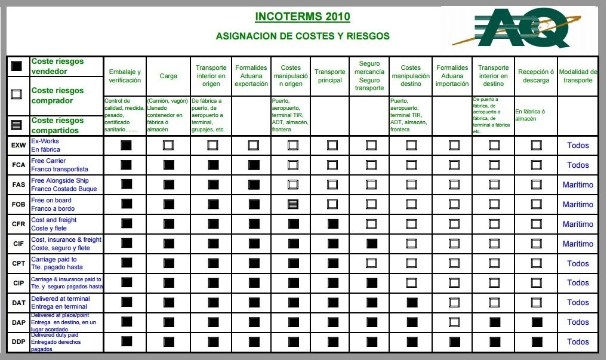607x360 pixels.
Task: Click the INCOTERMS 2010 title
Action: tap(302, 16)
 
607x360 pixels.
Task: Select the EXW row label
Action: tap(18, 145)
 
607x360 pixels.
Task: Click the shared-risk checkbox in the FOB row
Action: tap(292, 204)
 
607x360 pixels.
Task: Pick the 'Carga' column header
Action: tap(168, 76)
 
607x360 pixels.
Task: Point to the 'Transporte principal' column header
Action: tap(330, 76)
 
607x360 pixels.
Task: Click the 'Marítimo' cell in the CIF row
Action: tap(578, 244)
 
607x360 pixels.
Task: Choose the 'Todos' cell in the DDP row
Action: tap(578, 341)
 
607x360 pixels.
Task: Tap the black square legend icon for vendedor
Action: tap(17, 66)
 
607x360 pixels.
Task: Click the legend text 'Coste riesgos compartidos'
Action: tap(58, 125)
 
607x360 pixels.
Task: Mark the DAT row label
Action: tap(18, 303)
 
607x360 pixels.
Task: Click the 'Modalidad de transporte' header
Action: tap(578, 76)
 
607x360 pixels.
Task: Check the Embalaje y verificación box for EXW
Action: tap(126, 145)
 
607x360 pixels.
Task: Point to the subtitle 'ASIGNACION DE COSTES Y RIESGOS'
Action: tap(302, 36)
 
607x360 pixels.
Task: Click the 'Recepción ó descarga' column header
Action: tap(535, 76)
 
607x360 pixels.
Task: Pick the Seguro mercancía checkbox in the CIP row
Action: tap(371, 283)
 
